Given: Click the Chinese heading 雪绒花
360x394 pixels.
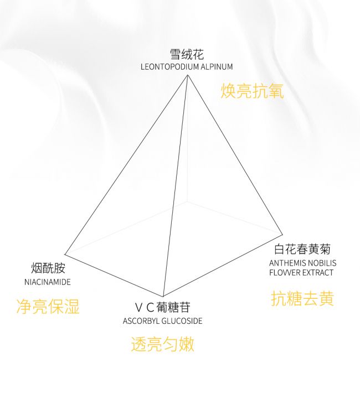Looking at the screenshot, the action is pyautogui.click(x=187, y=54).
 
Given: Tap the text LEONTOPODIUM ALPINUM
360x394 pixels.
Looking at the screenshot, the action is pyautogui.click(x=187, y=67).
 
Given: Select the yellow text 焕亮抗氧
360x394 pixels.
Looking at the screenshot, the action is pyautogui.click(x=252, y=91).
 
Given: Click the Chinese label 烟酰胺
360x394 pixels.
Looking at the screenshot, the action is pyautogui.click(x=48, y=268).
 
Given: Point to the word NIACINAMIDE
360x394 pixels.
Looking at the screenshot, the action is pyautogui.click(x=48, y=282).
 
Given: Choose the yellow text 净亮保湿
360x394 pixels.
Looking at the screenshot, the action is pyautogui.click(x=48, y=307).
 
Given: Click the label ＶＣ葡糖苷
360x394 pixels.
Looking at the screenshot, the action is pyautogui.click(x=162, y=307).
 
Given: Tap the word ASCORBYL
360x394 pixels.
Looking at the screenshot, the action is pyautogui.click(x=141, y=321).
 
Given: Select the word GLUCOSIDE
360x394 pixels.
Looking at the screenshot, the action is pyautogui.click(x=182, y=321).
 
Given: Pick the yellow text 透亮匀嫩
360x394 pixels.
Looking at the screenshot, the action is pyautogui.click(x=162, y=344).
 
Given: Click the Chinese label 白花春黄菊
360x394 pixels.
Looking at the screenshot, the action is pyautogui.click(x=302, y=249).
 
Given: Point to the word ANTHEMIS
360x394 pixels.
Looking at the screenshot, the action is pyautogui.click(x=287, y=263).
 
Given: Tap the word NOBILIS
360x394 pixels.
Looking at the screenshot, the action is pyautogui.click(x=322, y=263).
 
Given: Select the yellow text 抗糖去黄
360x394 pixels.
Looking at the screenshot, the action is pyautogui.click(x=302, y=298).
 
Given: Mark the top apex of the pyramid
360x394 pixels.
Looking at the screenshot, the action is pyautogui.click(x=187, y=75).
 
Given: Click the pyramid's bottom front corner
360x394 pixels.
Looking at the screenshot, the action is pyautogui.click(x=163, y=297).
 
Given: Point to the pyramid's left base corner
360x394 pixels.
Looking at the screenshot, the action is pyautogui.click(x=65, y=255).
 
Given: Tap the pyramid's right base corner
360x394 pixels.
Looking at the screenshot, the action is pyautogui.click(x=282, y=235).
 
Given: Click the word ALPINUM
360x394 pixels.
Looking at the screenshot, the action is pyautogui.click(x=217, y=67).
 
